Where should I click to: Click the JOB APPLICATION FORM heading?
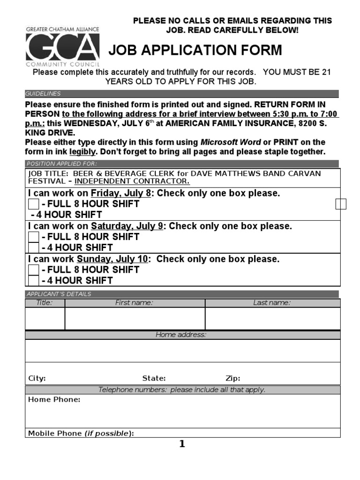pos(195,50)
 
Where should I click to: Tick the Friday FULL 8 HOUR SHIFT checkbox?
pos(34,204)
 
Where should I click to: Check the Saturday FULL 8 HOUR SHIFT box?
pos(34,237)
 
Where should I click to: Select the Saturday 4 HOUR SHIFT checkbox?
pos(34,247)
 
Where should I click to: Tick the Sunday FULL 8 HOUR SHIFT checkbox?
pos(34,270)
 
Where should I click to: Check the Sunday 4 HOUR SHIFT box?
pos(34,280)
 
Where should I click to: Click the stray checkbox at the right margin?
pos(341,203)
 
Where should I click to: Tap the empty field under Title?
pos(45,319)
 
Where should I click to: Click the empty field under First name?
pos(135,319)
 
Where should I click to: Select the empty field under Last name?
pos(273,319)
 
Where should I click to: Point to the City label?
pos(37,378)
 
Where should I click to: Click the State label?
pos(154,378)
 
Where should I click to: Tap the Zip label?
pos(233,378)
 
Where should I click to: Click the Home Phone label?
pos(54,399)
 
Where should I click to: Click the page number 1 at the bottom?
pos(182,444)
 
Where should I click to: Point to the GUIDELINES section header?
pos(43,94)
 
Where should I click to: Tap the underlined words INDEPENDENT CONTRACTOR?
pos(132,181)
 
